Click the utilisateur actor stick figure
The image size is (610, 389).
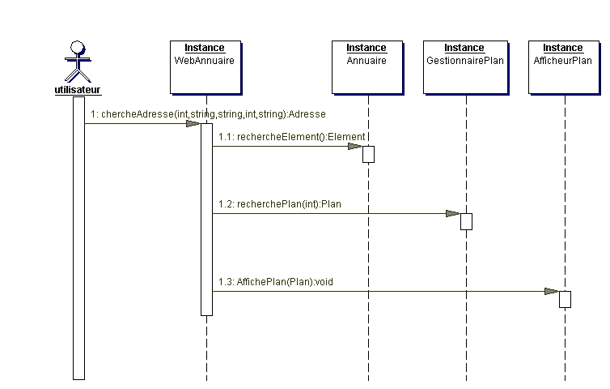[x=78, y=62]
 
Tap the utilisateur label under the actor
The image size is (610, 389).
[x=78, y=90]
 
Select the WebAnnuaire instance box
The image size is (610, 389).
[x=205, y=67]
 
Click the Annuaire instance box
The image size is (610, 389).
[x=367, y=67]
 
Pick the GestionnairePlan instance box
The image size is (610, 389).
[x=466, y=67]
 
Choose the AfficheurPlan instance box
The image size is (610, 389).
[x=564, y=67]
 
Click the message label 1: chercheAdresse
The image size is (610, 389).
[x=208, y=114]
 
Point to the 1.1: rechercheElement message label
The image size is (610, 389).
[x=292, y=137]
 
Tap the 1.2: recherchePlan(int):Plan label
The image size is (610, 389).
[x=280, y=204]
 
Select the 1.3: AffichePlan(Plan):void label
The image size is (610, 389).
[x=276, y=282]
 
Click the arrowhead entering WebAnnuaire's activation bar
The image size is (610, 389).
[x=193, y=123]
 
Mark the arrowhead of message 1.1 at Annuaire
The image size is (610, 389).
[x=355, y=146]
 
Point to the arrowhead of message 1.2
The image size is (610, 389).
[x=453, y=214]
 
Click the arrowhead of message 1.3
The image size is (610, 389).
[x=552, y=291]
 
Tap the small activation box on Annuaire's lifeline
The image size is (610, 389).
[x=368, y=154]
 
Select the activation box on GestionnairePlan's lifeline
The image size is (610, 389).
[x=467, y=221]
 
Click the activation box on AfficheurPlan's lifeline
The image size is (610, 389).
[x=566, y=299]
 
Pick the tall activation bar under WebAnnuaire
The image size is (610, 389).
[x=206, y=220]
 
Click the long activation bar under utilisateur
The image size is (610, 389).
[x=79, y=238]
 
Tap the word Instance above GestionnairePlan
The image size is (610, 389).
[x=464, y=48]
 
